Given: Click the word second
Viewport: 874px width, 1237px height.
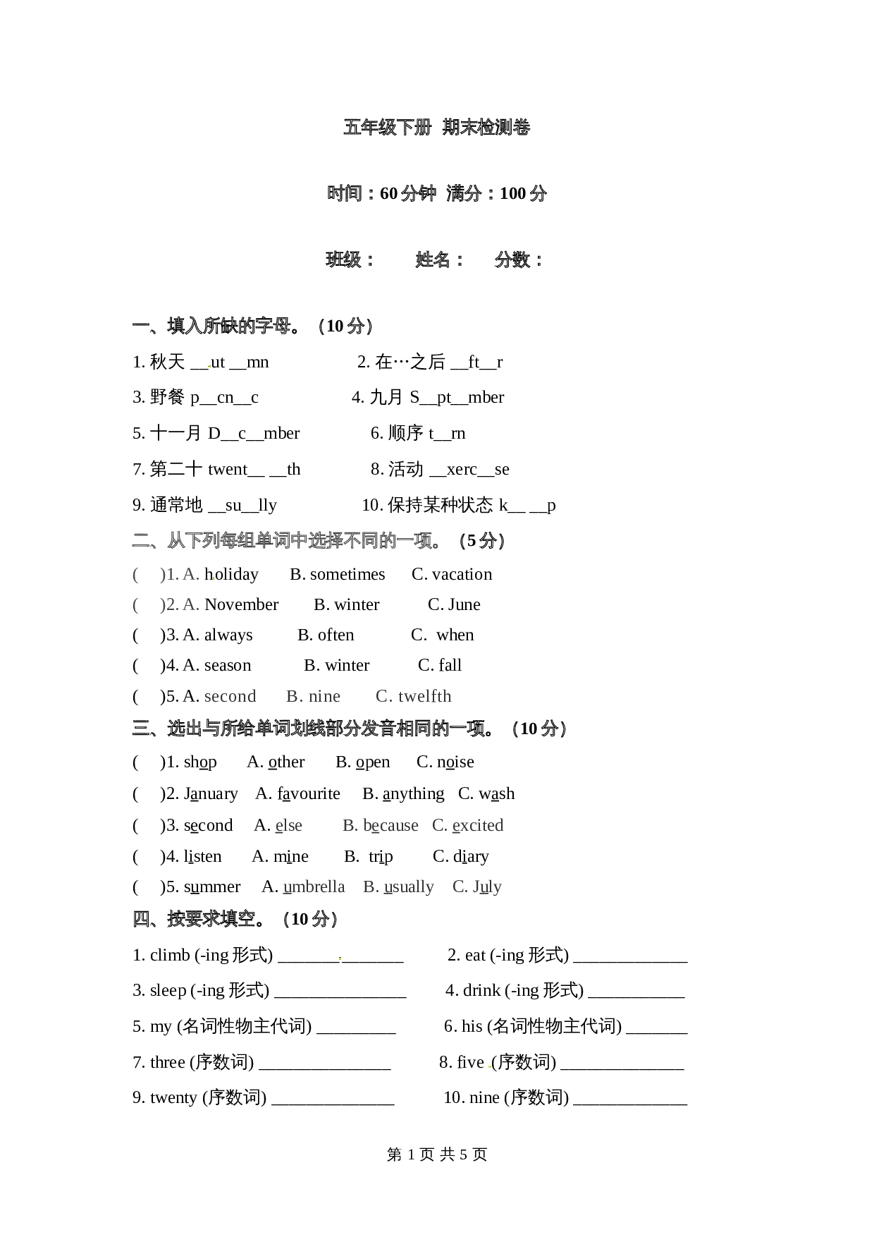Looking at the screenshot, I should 230,696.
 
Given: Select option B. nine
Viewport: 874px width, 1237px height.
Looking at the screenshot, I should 314,696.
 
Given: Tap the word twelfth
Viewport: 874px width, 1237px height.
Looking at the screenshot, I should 424,696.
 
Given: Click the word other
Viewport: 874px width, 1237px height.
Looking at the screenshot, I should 286,762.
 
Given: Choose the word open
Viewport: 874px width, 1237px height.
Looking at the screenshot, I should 373,762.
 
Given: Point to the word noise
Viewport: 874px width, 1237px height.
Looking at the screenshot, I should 455,762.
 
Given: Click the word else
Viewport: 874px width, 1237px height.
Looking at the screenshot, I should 288,825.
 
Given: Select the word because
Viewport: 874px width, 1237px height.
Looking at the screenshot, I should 391,825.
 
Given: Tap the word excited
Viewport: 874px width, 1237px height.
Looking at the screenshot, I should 477,825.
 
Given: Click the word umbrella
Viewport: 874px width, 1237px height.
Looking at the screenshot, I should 314,886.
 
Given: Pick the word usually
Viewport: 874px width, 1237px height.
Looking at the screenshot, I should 409,886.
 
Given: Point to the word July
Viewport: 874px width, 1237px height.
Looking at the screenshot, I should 487,886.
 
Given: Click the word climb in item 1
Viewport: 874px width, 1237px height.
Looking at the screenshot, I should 170,955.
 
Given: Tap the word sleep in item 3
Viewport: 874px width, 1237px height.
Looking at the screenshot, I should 168,990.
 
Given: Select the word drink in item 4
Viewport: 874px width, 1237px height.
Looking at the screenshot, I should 482,990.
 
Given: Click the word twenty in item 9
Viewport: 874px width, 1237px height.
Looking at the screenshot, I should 173,1097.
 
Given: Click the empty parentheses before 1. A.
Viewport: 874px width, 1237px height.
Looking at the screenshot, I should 148,575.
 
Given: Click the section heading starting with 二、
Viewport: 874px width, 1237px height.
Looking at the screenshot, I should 289,540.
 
